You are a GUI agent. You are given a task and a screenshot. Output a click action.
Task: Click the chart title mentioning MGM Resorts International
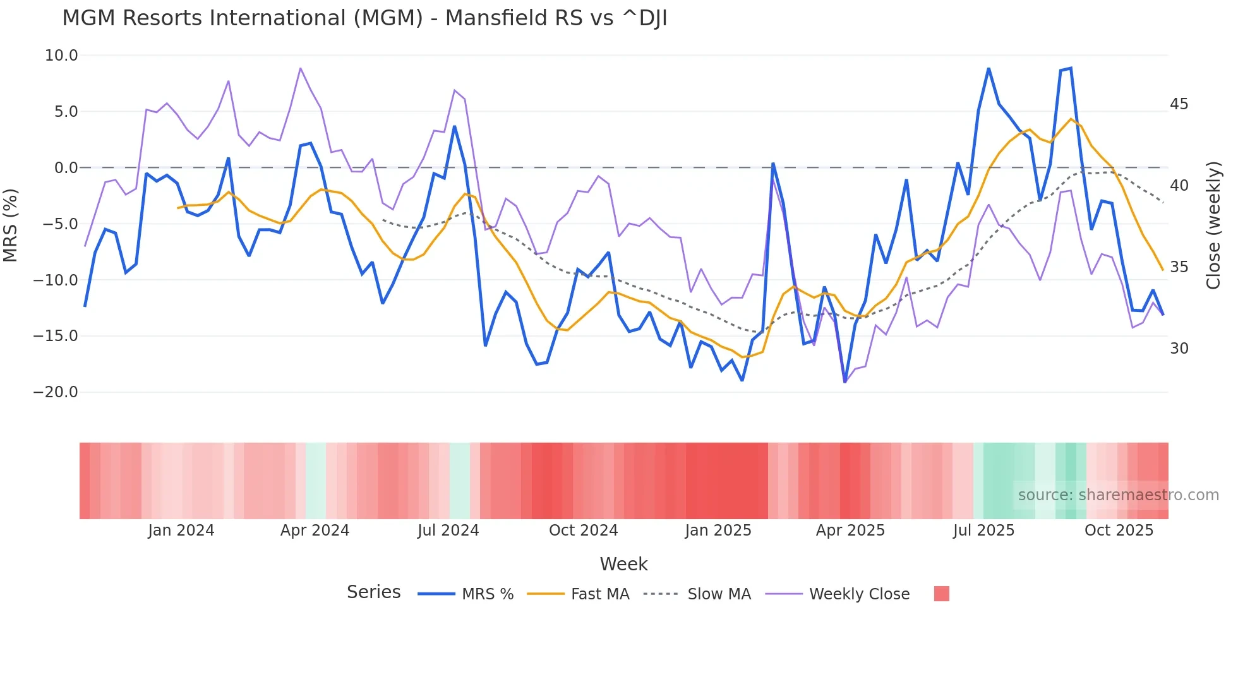[x=364, y=18]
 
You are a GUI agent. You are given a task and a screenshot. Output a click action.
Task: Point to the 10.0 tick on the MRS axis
[x=61, y=56]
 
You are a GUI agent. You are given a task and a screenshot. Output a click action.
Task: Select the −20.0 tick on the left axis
[x=56, y=392]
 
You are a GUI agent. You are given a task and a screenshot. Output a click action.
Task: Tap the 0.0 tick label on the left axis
[x=66, y=168]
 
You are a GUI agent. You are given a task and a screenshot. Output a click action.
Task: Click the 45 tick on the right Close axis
[x=1179, y=104]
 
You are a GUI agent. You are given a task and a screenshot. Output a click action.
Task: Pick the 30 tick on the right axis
[x=1179, y=349]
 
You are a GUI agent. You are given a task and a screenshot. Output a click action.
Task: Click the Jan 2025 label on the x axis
[x=718, y=531]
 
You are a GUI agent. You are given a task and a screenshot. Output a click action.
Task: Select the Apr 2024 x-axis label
[x=315, y=531]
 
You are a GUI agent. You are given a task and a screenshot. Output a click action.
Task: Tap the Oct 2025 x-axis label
[x=1119, y=531]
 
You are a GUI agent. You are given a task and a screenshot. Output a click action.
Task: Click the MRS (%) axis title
[x=11, y=225]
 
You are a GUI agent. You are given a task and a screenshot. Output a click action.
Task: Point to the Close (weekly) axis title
[x=1213, y=225]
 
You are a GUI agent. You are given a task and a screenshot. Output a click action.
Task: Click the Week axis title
[x=623, y=564]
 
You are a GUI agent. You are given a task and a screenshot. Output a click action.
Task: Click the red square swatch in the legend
[x=941, y=594]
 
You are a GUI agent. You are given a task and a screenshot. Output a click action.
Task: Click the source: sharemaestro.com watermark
[x=1118, y=495]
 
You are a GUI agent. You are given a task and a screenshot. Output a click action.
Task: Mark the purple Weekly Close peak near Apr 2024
[x=301, y=68]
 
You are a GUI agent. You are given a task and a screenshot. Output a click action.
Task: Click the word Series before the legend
[x=373, y=592]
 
